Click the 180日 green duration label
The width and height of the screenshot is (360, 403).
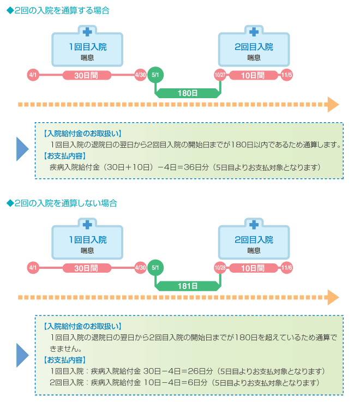click(x=188, y=93)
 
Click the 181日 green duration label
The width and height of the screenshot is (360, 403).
click(x=188, y=286)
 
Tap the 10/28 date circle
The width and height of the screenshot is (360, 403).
click(x=220, y=268)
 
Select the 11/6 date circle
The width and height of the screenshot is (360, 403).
click(x=287, y=268)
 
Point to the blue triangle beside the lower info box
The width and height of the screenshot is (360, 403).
click(x=22, y=355)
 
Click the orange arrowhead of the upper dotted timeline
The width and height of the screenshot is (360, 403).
click(x=333, y=104)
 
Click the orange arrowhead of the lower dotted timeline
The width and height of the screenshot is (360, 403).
click(x=333, y=297)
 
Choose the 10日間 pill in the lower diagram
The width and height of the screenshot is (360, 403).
click(x=253, y=268)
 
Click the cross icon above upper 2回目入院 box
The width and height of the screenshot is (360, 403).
click(x=253, y=31)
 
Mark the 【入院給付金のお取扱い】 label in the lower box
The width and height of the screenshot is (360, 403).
click(x=82, y=326)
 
